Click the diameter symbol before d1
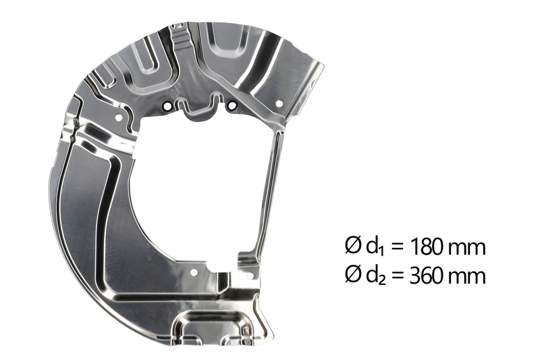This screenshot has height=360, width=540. pos(353,247)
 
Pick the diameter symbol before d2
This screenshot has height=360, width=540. pos(353,276)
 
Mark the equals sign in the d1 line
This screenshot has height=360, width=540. pos(397,248)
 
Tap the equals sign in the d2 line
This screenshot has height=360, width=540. pos(397,276)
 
